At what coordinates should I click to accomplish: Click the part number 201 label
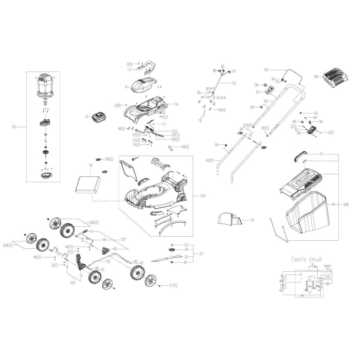tap(16, 127)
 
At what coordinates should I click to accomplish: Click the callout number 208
tap(346, 205)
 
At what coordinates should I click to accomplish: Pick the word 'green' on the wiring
tap(210, 88)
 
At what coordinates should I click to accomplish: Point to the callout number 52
tap(234, 83)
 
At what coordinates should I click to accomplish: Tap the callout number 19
tap(176, 104)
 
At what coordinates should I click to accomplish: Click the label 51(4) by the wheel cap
tap(173, 286)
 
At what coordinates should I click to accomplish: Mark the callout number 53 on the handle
tap(266, 70)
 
